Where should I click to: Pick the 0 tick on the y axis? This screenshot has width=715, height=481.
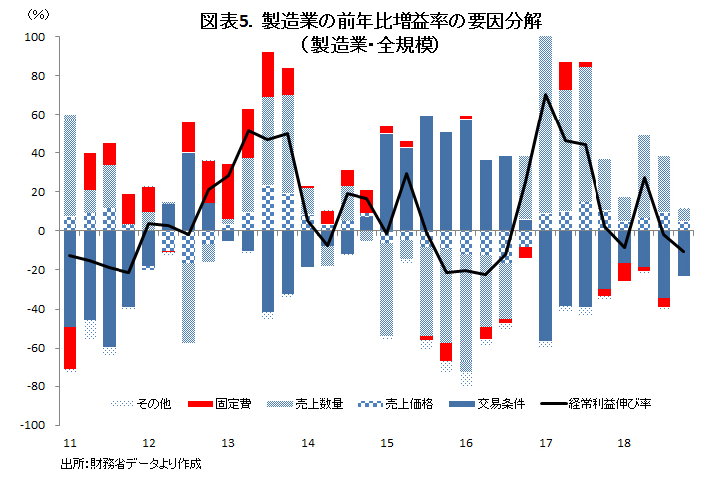tap(44, 231)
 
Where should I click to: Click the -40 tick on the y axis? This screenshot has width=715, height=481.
tap(38, 309)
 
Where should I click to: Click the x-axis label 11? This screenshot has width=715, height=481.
tap(69, 441)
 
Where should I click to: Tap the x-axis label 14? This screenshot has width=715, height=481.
tap(308, 441)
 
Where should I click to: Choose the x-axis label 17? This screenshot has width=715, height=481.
tap(546, 441)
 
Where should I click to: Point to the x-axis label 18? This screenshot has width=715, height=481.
tap(625, 441)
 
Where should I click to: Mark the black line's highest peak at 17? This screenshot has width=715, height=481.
tap(546, 95)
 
